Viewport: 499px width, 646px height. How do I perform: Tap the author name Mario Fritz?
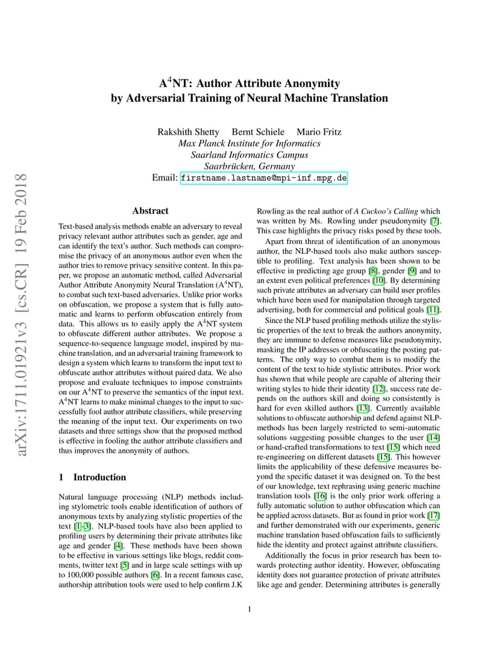(x=319, y=132)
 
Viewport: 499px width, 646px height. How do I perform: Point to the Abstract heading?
(x=150, y=211)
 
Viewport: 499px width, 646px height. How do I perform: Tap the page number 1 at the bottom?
(x=249, y=609)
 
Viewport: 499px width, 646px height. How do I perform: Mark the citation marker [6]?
(x=155, y=575)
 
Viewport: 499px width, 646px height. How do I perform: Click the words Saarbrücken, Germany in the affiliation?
(x=249, y=166)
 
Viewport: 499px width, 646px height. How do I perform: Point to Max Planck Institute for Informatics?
(x=249, y=143)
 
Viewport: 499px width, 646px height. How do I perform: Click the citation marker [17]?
(x=434, y=515)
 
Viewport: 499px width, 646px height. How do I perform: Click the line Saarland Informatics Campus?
(x=249, y=155)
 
